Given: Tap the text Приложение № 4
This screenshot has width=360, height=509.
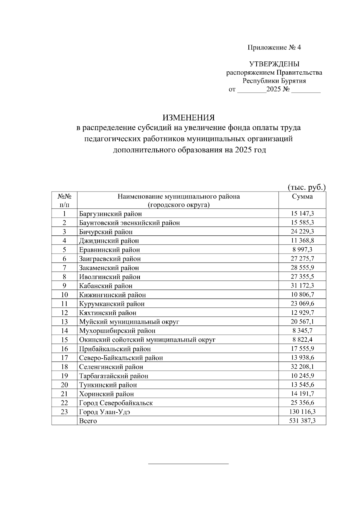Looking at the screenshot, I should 274,47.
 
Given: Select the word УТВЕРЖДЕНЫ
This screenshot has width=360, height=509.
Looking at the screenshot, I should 274,64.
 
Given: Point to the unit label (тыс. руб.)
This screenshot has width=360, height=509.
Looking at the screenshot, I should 306,187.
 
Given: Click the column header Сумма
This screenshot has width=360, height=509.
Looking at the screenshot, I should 302,197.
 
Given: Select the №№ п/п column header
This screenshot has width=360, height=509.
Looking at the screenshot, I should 64,201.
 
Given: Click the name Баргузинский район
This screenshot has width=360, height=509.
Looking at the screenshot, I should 110,214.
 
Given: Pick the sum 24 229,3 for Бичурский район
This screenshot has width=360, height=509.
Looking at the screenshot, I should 302,231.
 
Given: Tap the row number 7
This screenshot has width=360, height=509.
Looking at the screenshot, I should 64,267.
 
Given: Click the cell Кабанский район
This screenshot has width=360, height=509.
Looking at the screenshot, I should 106,286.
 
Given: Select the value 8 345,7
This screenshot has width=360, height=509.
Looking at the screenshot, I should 302,331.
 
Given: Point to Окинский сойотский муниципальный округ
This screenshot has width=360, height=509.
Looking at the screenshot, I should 147,340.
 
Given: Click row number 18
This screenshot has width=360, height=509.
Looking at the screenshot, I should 64,367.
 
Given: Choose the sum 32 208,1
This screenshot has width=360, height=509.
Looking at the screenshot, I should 302,367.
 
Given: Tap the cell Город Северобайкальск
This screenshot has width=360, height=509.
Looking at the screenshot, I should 116,403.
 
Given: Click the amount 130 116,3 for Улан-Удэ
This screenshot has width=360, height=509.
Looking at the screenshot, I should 302,412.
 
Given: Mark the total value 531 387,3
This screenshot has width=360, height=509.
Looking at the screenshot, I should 302,421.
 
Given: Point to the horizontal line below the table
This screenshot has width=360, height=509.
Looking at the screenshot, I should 188,464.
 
